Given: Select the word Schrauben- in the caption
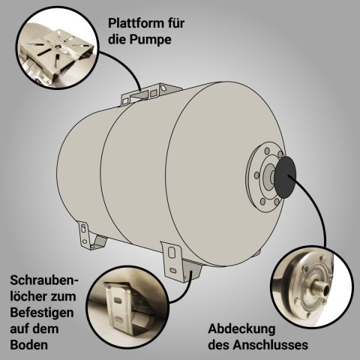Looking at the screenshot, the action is (x=44, y=280).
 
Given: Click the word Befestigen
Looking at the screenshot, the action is (x=42, y=313).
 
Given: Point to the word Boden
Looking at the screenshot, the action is (x=29, y=345).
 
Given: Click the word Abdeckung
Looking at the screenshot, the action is (x=241, y=328).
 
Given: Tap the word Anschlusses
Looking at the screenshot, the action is (x=271, y=345).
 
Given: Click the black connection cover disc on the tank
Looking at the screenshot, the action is (x=285, y=178).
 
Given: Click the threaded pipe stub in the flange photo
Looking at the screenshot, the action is (x=323, y=288).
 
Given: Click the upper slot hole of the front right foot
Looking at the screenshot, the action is (x=171, y=253).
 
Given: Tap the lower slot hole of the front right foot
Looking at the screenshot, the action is (x=172, y=271).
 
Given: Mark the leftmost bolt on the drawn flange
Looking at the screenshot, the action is (x=256, y=175).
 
